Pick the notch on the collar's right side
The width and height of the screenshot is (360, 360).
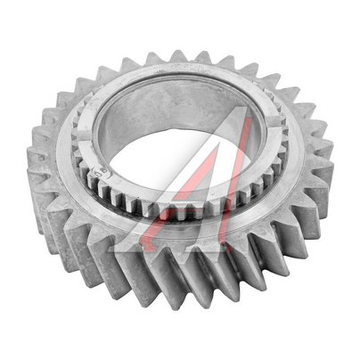point(274,121)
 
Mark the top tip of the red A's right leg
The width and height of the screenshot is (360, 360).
point(249,117)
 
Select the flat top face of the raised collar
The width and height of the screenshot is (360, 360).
point(178,74)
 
